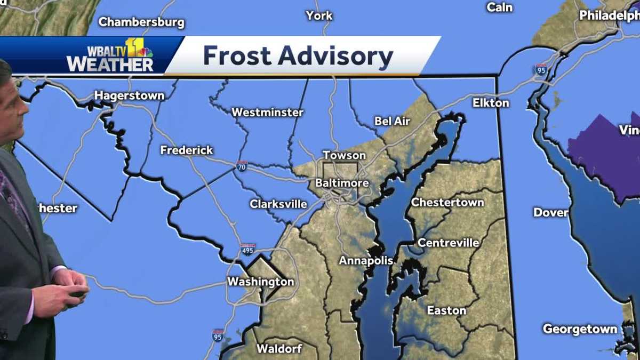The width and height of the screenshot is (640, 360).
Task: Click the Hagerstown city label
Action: [x=129, y=95]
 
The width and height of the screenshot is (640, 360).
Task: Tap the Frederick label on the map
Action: [x=187, y=150]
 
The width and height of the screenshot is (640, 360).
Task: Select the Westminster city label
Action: [x=267, y=113]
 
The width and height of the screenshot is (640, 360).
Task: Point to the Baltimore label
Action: [x=342, y=183]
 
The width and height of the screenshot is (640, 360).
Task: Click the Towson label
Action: [x=344, y=155]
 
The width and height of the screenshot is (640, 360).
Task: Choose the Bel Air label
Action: [x=392, y=122]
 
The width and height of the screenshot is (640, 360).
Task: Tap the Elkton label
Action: [x=491, y=103]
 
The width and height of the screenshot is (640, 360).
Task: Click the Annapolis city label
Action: [x=366, y=261]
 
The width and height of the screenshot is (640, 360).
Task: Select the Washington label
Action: [x=260, y=282]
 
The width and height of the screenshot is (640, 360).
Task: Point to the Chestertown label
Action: [x=447, y=203]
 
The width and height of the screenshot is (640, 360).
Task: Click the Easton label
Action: [x=446, y=310]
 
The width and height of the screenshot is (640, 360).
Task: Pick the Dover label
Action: [x=550, y=212]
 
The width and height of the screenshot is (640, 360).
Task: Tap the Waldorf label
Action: [x=279, y=349]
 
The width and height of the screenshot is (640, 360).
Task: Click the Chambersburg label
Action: [x=141, y=22]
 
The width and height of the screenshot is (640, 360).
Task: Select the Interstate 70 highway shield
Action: [x=242, y=166]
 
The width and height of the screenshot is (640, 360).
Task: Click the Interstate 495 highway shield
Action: [x=247, y=249]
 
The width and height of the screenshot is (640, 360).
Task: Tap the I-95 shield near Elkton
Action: [x=541, y=69]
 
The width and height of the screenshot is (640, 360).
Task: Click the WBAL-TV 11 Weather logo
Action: [x=110, y=55]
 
